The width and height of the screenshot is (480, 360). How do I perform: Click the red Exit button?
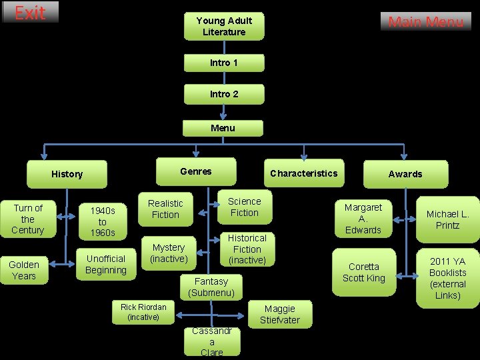click(x=30, y=13)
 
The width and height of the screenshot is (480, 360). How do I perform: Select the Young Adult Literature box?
click(x=224, y=27)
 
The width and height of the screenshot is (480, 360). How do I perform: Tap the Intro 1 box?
click(x=224, y=63)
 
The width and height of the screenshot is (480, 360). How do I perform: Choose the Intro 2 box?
click(x=224, y=94)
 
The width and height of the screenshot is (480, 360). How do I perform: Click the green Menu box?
click(x=223, y=127)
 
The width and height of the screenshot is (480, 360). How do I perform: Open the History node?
click(x=67, y=174)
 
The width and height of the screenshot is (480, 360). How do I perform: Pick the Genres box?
click(x=196, y=171)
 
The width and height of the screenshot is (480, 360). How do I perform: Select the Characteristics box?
click(x=303, y=173)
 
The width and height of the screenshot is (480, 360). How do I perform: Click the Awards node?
click(x=405, y=174)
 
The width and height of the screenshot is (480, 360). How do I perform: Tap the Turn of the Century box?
click(x=28, y=219)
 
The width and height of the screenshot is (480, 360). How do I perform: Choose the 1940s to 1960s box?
click(x=103, y=221)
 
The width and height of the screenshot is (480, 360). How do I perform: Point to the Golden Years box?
click(x=25, y=269)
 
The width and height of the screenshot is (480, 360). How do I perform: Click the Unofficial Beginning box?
click(x=106, y=265)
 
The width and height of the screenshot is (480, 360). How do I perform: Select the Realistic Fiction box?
click(x=165, y=209)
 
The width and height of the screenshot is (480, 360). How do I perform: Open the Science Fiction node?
click(x=245, y=207)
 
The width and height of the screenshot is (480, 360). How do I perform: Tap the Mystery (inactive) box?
click(x=168, y=253)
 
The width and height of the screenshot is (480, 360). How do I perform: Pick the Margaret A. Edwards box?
click(x=363, y=219)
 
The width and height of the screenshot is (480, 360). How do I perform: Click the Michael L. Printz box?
click(x=447, y=219)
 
